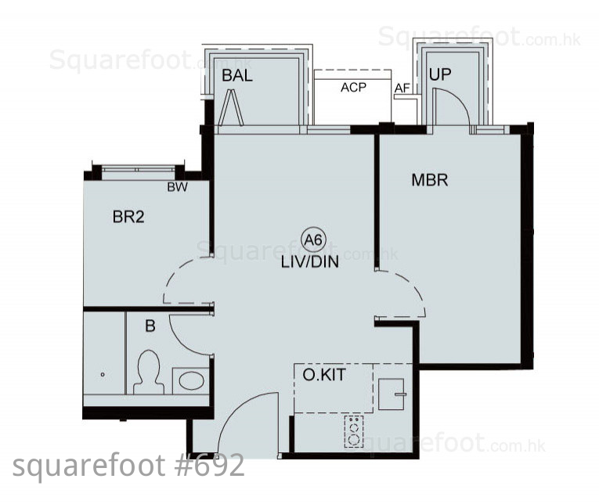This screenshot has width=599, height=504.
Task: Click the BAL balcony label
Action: point(236,75)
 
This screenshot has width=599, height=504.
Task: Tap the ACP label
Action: point(353,88)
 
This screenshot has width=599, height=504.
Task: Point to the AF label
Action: point(402,88)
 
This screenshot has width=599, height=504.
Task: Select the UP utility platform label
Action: point(440,74)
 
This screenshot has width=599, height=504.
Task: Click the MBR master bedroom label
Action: point(429,180)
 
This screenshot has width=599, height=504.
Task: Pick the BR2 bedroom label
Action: point(128,217)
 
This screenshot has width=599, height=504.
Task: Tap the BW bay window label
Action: point(177,187)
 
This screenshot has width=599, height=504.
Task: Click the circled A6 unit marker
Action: point(314,239)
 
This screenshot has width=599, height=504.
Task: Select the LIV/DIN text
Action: point(310,262)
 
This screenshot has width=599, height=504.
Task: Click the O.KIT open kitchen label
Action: point(324,375)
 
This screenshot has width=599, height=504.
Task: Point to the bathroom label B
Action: point(150,326)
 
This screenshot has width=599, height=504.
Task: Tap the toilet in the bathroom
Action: point(149,373)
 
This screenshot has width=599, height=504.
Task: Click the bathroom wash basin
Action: point(191,380)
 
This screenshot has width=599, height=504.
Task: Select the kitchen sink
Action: point(392,394)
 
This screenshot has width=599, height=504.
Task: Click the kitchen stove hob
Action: point(354,431)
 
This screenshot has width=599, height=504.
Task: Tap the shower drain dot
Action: point(103,375)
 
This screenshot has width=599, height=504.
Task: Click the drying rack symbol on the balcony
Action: point(231,108)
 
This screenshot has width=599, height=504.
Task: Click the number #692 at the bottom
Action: point(210,466)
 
